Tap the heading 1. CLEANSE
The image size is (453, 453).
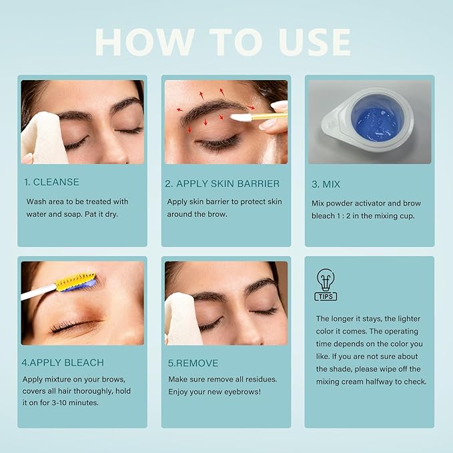53,182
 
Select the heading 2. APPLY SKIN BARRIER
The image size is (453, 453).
223,183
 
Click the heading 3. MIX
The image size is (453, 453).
328,185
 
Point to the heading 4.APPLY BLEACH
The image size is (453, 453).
64,363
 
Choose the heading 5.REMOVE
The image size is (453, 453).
193,363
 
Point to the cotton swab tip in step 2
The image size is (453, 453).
240,117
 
